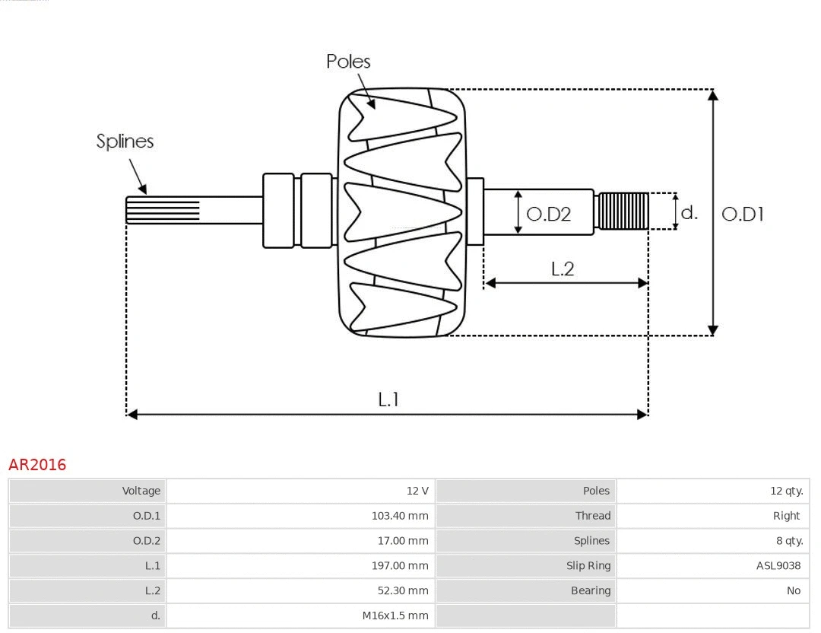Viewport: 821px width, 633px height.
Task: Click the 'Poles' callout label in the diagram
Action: click(x=348, y=62)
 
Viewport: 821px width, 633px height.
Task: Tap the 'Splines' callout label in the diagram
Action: click(x=125, y=142)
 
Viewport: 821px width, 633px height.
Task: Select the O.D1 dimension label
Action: click(x=742, y=215)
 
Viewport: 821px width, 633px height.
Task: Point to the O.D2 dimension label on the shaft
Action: click(x=548, y=215)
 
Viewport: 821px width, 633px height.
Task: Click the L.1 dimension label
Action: click(x=388, y=399)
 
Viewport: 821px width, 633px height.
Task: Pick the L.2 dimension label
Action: click(x=562, y=269)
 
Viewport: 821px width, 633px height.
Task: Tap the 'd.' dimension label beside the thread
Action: click(x=689, y=212)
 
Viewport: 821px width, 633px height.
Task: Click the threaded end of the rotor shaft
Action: click(x=623, y=211)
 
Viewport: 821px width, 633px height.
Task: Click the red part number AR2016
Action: click(x=37, y=465)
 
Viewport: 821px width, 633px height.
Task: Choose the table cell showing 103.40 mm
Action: click(x=400, y=516)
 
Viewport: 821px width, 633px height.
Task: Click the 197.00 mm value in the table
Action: click(x=400, y=566)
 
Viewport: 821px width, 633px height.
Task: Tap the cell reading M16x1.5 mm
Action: click(x=395, y=616)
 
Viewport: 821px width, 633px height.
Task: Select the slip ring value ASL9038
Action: click(x=778, y=566)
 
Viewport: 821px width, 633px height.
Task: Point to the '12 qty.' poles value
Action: click(x=786, y=491)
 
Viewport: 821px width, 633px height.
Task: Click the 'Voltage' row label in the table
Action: click(x=141, y=491)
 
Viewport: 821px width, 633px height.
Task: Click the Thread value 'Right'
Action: click(x=786, y=516)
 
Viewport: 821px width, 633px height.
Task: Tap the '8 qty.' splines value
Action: click(x=788, y=541)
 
